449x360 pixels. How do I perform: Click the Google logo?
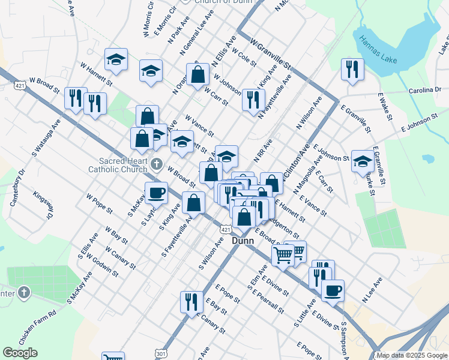click(20, 353)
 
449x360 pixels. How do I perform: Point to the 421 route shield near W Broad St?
click(20, 86)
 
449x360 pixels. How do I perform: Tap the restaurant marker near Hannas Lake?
click(352, 68)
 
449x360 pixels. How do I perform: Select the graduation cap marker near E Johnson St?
click(362, 160)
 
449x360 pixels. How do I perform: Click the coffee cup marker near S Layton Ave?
click(156, 193)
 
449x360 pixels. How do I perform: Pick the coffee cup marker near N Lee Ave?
click(333, 290)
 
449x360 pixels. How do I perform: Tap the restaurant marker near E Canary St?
click(191, 302)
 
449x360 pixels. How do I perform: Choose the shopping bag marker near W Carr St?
click(197, 75)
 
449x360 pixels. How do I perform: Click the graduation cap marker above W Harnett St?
click(116, 59)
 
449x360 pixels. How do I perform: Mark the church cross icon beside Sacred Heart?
click(157, 163)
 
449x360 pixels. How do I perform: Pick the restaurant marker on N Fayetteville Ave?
click(253, 99)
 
